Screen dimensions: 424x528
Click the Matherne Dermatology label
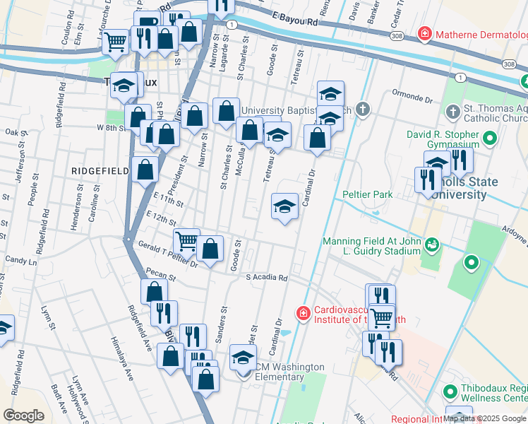481,33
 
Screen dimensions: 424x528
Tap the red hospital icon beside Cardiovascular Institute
303,312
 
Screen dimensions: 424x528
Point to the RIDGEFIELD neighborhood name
100,171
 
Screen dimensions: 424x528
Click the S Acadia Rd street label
267,278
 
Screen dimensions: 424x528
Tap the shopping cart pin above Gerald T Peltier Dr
186,240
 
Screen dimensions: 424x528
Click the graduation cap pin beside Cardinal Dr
284,206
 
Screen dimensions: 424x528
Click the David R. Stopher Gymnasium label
452,139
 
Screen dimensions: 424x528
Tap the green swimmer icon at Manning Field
431,245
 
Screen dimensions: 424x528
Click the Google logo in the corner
24,416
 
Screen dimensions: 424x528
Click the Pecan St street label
160,273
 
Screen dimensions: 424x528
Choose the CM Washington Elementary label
289,372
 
